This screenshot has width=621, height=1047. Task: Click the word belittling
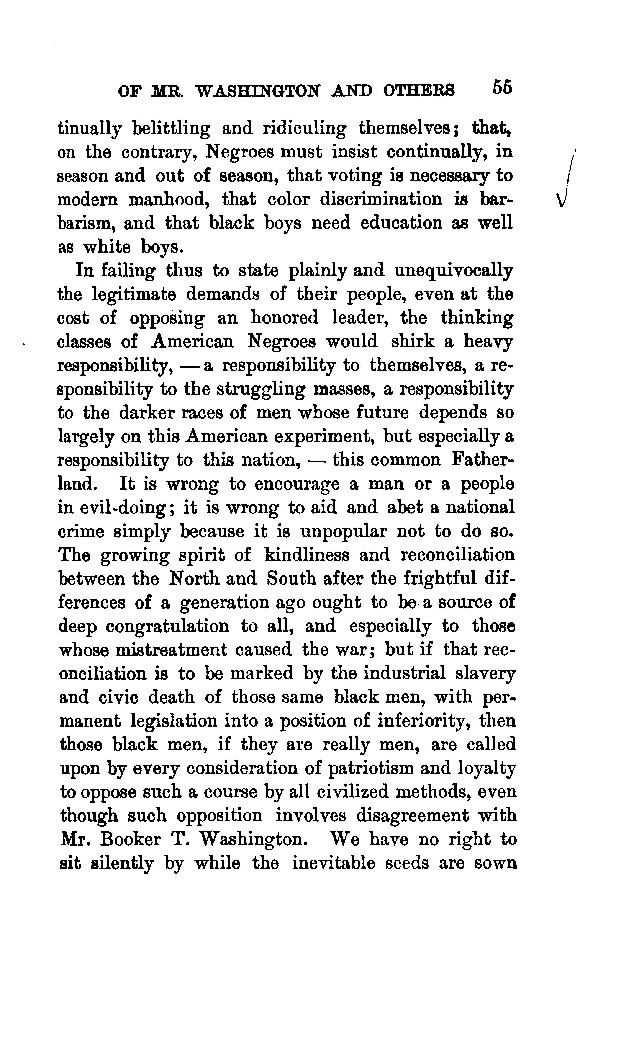[x=171, y=129]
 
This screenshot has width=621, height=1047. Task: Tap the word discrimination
[x=381, y=199]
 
